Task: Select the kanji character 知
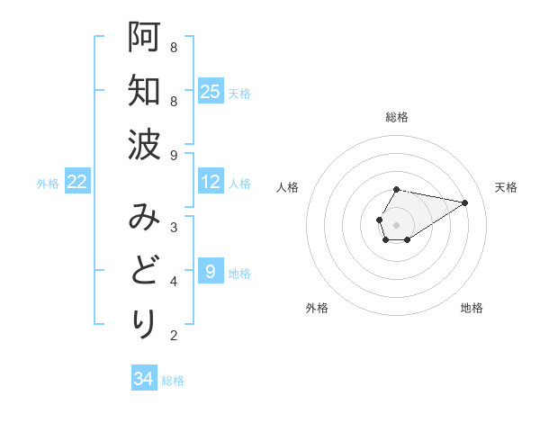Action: (x=144, y=91)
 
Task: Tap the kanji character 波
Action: (x=144, y=145)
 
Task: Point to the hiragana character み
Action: (x=144, y=217)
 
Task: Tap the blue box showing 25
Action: (x=211, y=91)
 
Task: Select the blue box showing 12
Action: (x=211, y=182)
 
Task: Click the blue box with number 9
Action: (x=211, y=271)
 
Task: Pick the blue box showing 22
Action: (x=77, y=182)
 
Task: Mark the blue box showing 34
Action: (x=144, y=379)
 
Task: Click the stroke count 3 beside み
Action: (x=174, y=227)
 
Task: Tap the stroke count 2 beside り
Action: (x=174, y=336)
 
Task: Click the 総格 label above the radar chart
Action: (x=397, y=117)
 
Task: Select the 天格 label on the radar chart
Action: (x=507, y=187)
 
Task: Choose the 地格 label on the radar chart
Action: (x=472, y=308)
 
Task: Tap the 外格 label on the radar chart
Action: (x=317, y=308)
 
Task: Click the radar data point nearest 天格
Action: (x=465, y=202)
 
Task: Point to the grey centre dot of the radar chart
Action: (x=397, y=224)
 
